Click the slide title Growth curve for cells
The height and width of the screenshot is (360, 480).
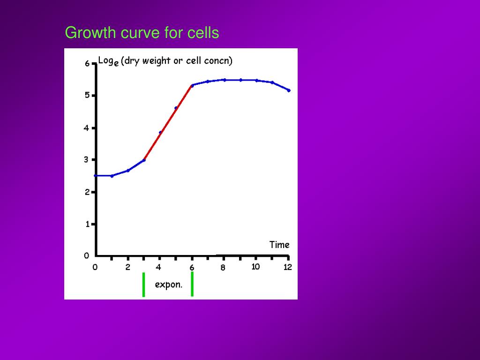click(142, 33)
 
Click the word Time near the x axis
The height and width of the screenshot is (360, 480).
click(279, 245)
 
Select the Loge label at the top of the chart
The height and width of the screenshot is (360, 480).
click(108, 61)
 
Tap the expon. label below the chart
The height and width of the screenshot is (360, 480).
click(168, 285)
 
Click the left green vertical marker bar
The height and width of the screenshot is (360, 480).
click(143, 285)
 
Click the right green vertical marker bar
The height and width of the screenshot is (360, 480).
click(192, 285)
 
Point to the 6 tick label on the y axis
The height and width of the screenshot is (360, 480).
click(87, 64)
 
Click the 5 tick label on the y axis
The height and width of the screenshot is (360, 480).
click(87, 96)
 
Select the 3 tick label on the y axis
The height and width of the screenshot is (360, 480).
click(86, 159)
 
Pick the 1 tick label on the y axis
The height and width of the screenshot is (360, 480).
click(87, 224)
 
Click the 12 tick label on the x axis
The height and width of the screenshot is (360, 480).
click(288, 267)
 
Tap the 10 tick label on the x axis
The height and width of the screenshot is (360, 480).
click(255, 267)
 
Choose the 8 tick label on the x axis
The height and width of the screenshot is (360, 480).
click(223, 268)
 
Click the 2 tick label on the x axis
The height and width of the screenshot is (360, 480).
click(128, 268)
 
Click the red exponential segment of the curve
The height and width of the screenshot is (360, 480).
click(168, 123)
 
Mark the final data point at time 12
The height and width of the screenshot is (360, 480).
click(289, 90)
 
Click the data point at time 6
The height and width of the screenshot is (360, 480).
click(192, 85)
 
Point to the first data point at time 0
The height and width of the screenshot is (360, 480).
click(96, 176)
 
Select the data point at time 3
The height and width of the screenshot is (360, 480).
click(144, 160)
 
